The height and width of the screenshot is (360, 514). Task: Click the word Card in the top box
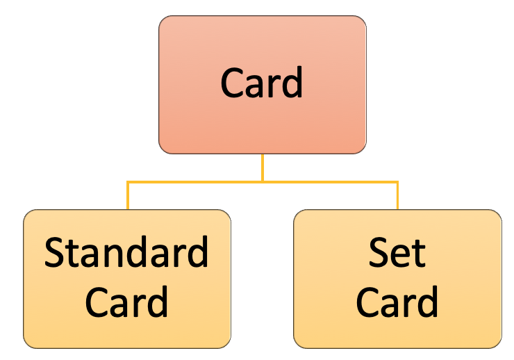pyautogui.click(x=262, y=83)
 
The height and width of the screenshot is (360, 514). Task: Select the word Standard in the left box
pyautogui.click(x=126, y=253)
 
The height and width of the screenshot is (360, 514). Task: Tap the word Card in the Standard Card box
pyautogui.click(x=126, y=302)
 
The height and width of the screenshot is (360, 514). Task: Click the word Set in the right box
pyautogui.click(x=397, y=253)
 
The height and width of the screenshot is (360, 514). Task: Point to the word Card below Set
pyautogui.click(x=397, y=302)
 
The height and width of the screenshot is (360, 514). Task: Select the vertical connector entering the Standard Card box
pyautogui.click(x=128, y=196)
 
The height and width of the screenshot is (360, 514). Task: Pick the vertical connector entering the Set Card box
pyautogui.click(x=397, y=196)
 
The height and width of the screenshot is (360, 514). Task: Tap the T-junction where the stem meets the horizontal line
pyautogui.click(x=263, y=182)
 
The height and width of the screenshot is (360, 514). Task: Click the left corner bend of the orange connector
pyautogui.click(x=128, y=183)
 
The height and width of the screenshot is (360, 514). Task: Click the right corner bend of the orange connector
pyautogui.click(x=397, y=183)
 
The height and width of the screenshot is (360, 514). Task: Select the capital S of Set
pyautogui.click(x=379, y=254)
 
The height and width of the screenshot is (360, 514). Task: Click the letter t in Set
pyautogui.click(x=419, y=254)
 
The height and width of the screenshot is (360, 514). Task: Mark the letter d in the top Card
pyautogui.click(x=292, y=83)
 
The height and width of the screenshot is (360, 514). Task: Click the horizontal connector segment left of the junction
pyautogui.click(x=194, y=182)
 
